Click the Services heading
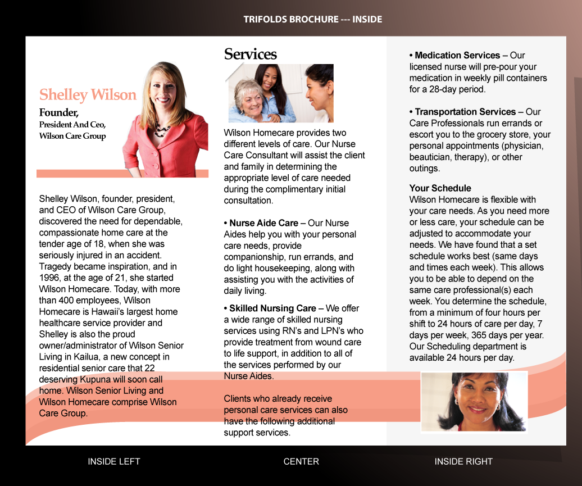tap(251, 54)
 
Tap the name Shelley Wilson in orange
tap(88, 94)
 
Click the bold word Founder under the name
tap(58, 112)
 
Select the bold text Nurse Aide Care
tap(263, 223)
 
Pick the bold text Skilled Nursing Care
tap(272, 308)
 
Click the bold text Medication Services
tap(457, 55)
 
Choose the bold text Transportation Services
tap(465, 112)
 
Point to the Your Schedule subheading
tap(440, 188)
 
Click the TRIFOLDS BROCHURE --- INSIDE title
tap(312, 19)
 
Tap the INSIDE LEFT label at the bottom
tap(114, 461)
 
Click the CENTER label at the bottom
tap(301, 461)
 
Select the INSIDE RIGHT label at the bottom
tap(463, 461)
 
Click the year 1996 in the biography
tap(50, 278)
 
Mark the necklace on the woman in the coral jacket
tap(163, 131)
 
